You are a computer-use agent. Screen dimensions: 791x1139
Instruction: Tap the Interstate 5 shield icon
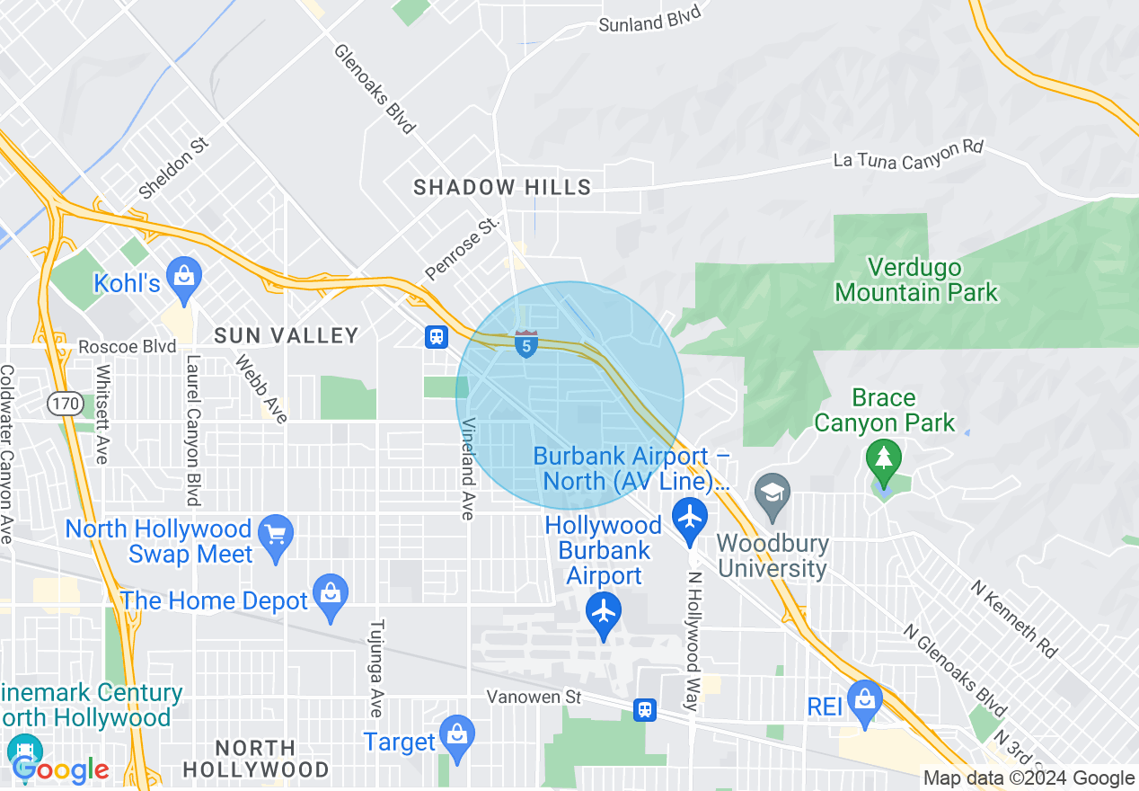(526, 343)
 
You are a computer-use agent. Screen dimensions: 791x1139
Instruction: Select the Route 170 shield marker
(66, 404)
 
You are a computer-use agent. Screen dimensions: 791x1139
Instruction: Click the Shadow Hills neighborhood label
(502, 187)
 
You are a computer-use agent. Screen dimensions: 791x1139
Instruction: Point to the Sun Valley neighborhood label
(287, 335)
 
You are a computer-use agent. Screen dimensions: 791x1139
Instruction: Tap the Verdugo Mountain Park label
(915, 280)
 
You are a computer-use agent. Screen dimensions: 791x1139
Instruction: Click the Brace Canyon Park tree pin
(884, 458)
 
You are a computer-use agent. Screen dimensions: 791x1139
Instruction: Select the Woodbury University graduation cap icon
(771, 492)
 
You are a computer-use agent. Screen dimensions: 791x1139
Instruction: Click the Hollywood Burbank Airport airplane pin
(604, 612)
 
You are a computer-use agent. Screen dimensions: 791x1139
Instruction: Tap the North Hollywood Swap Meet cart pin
(276, 535)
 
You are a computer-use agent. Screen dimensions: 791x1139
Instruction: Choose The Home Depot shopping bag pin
(331, 594)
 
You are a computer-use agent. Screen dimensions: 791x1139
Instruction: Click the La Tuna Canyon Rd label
(908, 154)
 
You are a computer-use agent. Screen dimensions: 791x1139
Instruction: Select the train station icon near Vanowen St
(644, 709)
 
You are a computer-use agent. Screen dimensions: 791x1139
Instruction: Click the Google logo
(60, 769)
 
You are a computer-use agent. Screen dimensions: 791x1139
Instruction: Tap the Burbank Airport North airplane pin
(690, 519)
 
